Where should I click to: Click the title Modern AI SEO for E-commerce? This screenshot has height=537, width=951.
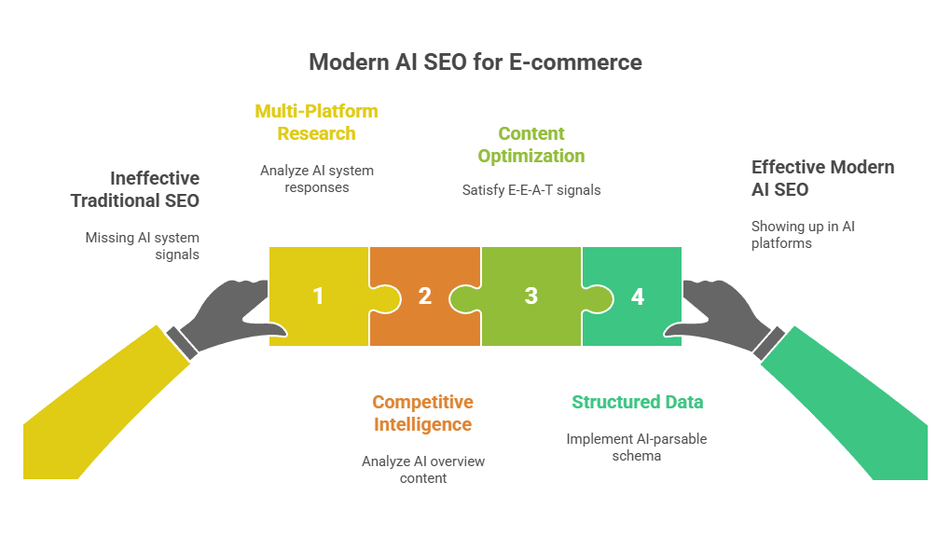click(475, 62)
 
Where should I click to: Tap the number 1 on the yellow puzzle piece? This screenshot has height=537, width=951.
click(318, 296)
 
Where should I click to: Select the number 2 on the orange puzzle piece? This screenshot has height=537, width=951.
click(425, 296)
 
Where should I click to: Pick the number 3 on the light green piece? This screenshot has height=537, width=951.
click(531, 296)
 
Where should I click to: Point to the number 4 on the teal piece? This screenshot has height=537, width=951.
click(638, 296)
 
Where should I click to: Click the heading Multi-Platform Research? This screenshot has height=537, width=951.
click(316, 122)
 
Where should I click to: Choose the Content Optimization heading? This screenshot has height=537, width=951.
click(531, 145)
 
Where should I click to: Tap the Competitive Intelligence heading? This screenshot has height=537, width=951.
click(422, 413)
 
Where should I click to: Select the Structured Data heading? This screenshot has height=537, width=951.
click(638, 403)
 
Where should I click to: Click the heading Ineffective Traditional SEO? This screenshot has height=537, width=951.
click(136, 188)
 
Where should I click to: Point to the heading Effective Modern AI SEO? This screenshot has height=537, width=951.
click(822, 178)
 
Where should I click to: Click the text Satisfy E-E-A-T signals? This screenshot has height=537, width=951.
click(531, 189)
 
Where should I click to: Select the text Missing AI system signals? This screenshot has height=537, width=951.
click(143, 245)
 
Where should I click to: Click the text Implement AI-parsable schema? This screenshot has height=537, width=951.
click(637, 447)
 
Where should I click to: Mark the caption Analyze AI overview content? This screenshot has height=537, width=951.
click(423, 469)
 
